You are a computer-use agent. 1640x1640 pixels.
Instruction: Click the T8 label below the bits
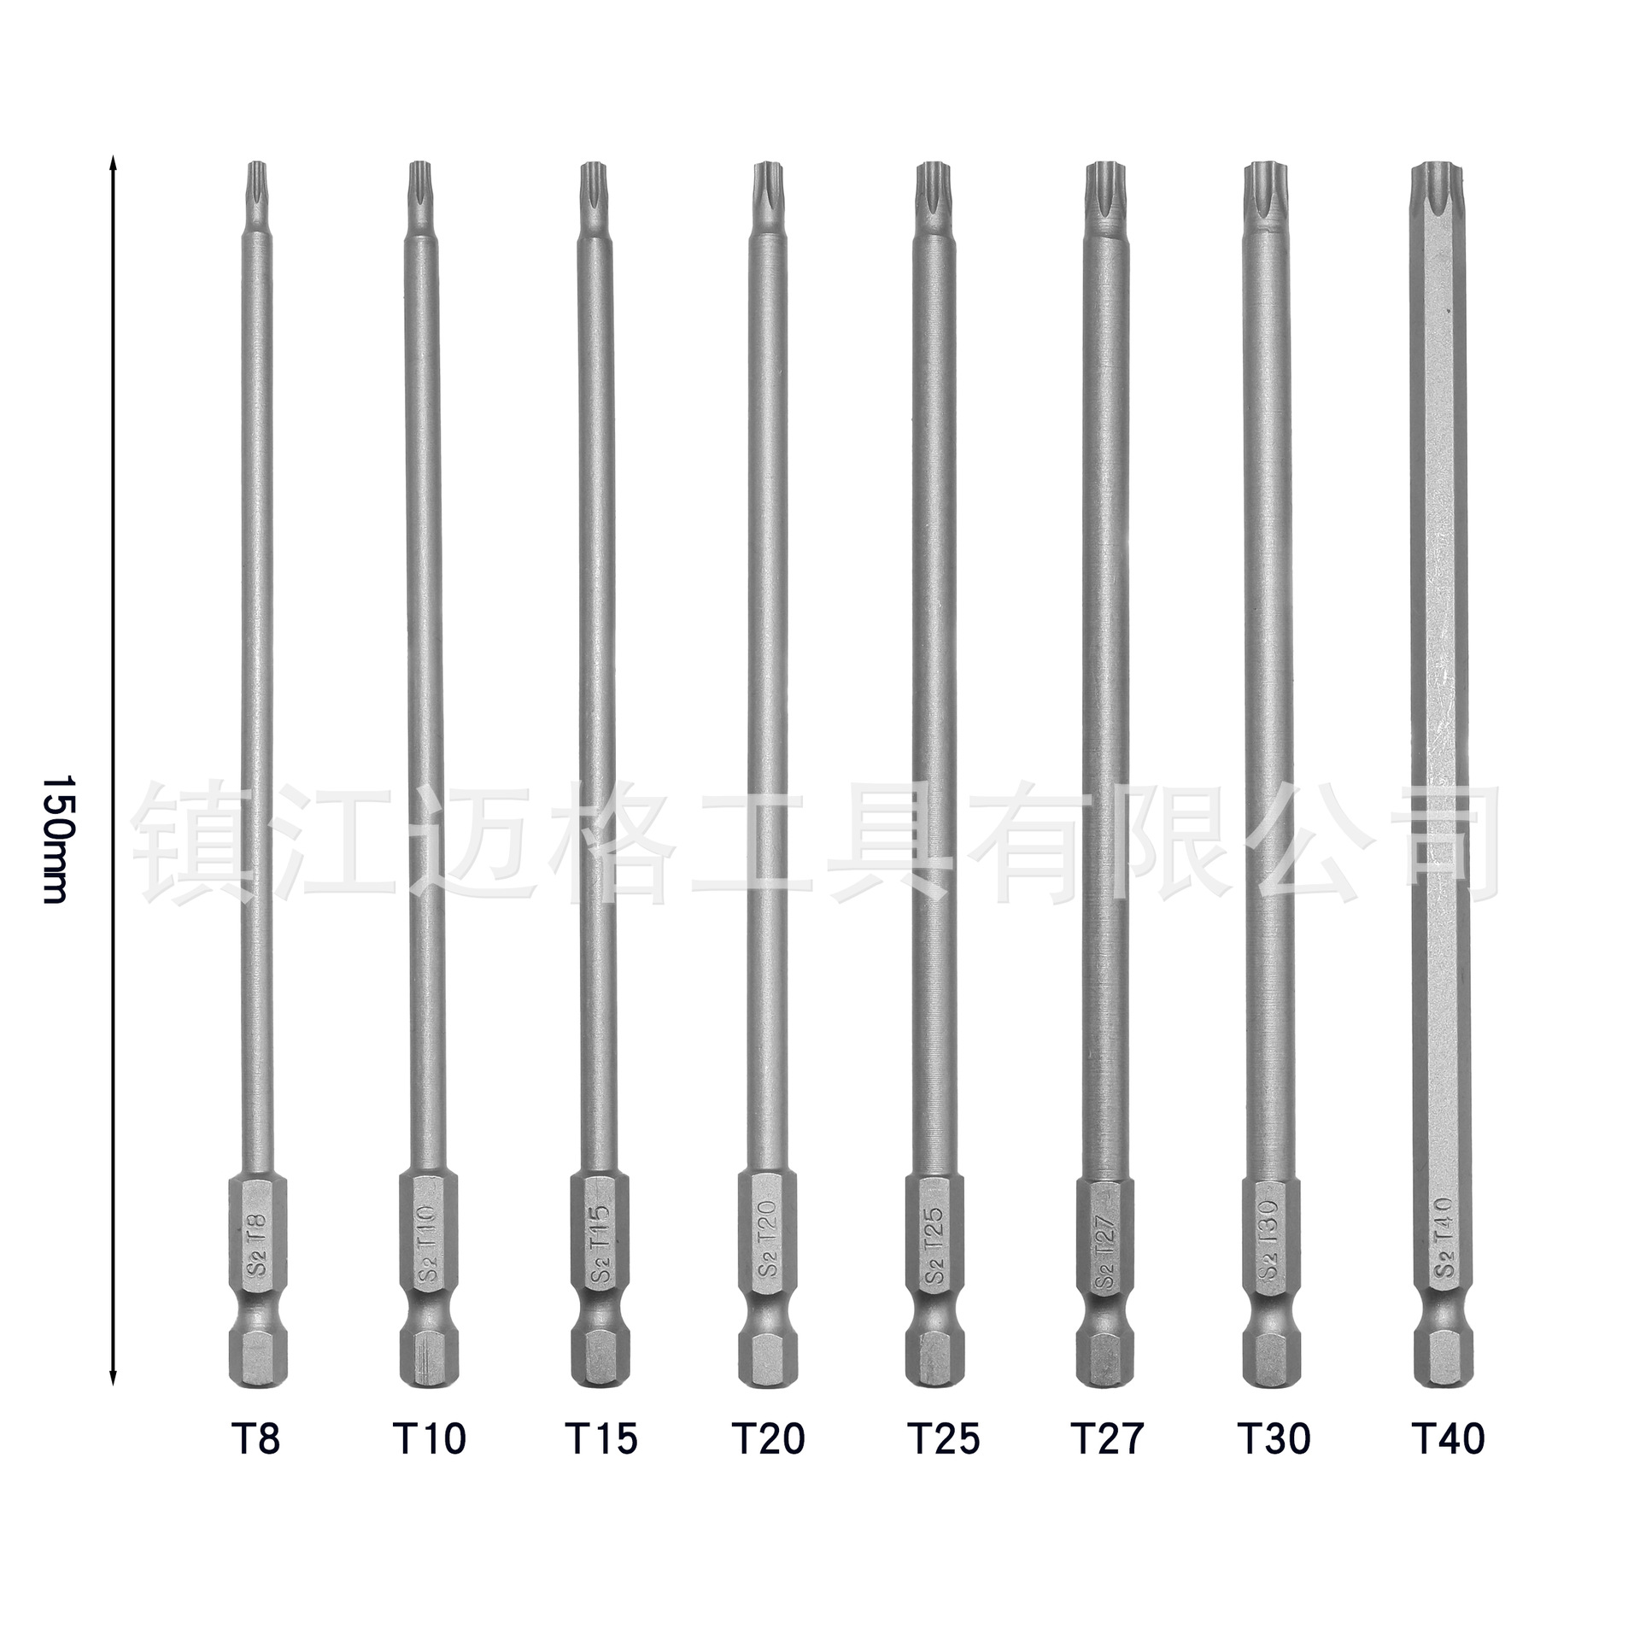pyautogui.click(x=255, y=1439)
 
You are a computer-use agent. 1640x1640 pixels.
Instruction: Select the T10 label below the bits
pyautogui.click(x=430, y=1439)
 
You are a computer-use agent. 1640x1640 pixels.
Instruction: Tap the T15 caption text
pyautogui.click(x=601, y=1439)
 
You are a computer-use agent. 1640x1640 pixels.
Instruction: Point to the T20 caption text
pyautogui.click(x=769, y=1439)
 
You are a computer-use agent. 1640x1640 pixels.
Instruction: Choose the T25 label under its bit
pyautogui.click(x=943, y=1439)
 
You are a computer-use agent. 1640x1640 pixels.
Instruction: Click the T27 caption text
pyautogui.click(x=1106, y=1439)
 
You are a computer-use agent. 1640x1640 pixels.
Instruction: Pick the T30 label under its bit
pyautogui.click(x=1274, y=1439)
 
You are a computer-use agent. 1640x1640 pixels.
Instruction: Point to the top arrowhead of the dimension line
pyautogui.click(x=113, y=162)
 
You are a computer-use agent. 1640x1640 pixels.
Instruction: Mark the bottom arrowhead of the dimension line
pyautogui.click(x=113, y=1401)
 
